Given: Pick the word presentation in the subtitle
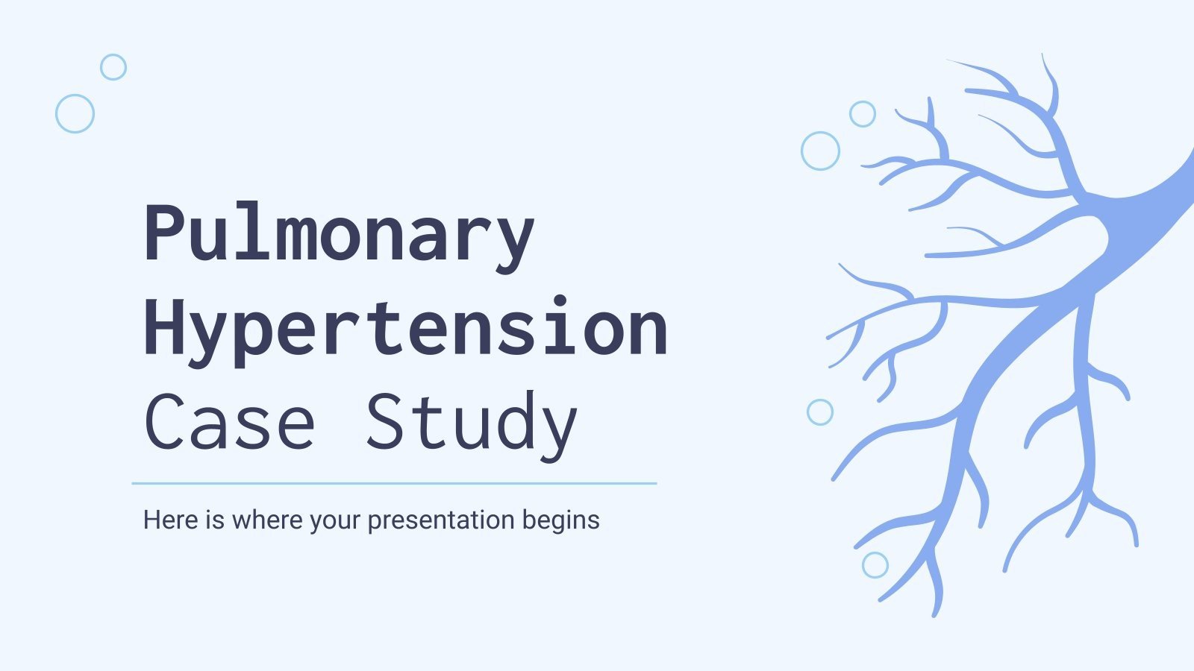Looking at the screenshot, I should (441, 520).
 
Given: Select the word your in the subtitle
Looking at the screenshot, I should (336, 520).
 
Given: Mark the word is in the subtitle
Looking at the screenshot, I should (215, 520).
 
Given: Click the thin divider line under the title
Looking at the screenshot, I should (394, 483).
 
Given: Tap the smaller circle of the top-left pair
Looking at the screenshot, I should (113, 67).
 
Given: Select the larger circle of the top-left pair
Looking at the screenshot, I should (75, 113).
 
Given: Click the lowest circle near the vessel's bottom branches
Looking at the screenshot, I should (875, 565).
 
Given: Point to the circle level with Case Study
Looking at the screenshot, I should (820, 412).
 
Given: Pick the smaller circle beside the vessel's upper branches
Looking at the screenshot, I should (863, 114).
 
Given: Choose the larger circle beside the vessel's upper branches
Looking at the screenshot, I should (820, 151).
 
